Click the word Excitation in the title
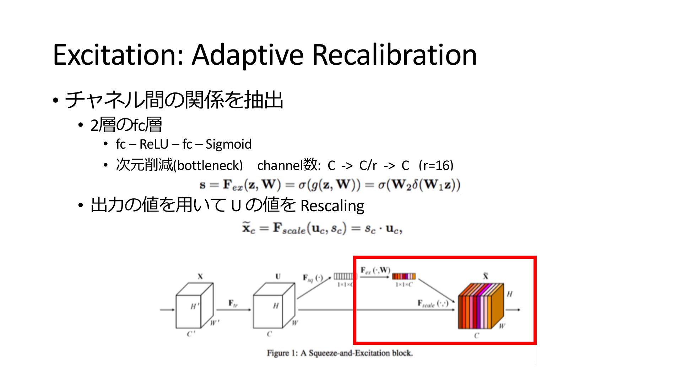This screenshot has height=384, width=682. (x=118, y=55)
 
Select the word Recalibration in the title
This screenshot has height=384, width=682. (x=394, y=55)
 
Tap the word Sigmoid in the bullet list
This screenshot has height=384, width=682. (x=228, y=144)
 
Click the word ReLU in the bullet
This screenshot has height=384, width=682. (x=153, y=144)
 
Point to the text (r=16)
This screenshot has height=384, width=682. (x=436, y=165)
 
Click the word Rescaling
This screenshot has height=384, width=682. (x=332, y=206)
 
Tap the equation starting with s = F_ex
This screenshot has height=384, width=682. (x=330, y=185)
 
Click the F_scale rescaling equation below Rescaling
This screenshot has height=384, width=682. (x=322, y=228)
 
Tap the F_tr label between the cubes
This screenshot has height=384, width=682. (x=233, y=303)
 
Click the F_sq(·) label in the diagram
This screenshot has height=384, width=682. (x=313, y=278)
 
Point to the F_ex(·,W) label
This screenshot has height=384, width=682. (x=375, y=271)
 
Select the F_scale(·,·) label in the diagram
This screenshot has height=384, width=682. (x=433, y=303)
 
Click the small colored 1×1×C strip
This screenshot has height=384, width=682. (x=404, y=276)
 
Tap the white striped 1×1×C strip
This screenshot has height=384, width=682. (x=345, y=276)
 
